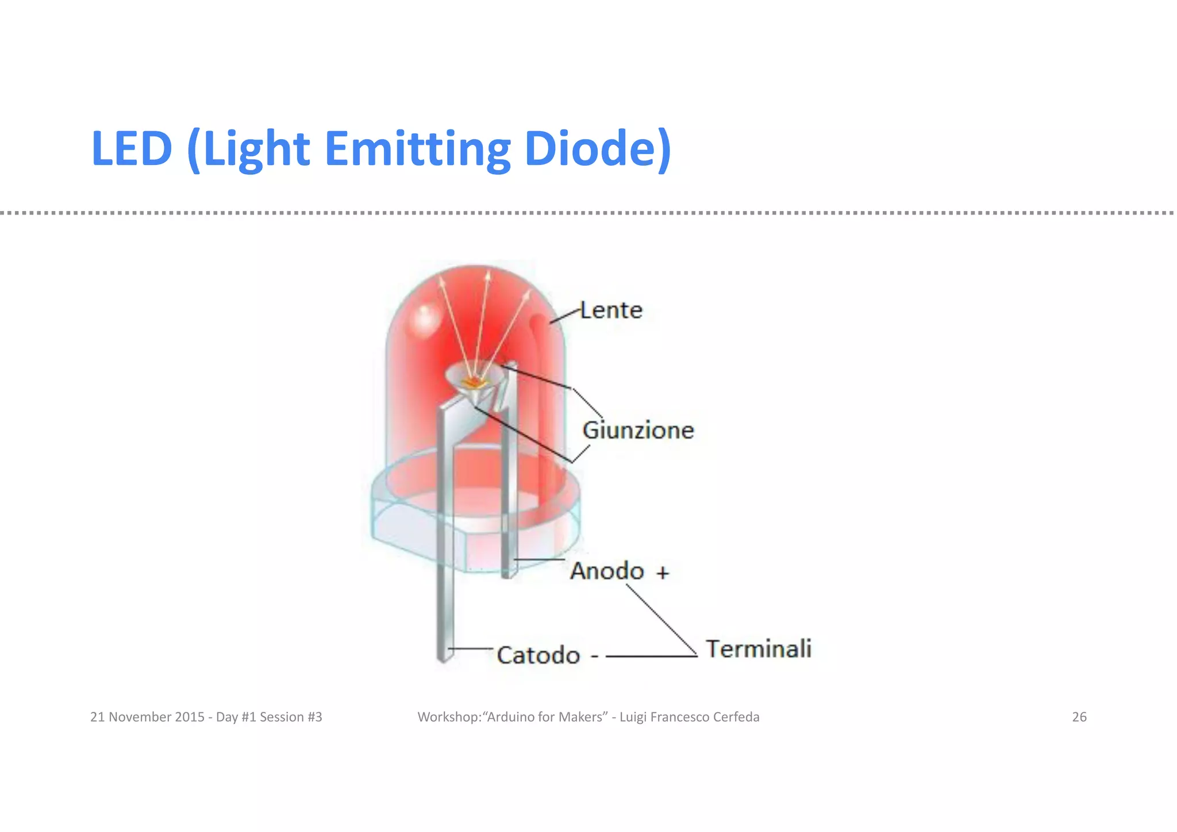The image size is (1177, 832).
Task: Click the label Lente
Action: [x=611, y=310]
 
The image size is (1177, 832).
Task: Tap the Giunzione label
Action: [x=638, y=430]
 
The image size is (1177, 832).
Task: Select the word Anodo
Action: [x=607, y=571]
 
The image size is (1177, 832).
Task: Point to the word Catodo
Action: [x=539, y=655]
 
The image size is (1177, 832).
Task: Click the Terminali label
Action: [x=759, y=649]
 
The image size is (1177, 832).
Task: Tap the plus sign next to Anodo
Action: [x=663, y=573]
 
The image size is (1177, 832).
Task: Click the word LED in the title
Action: [x=132, y=148]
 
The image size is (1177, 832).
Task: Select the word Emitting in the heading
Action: [x=417, y=148]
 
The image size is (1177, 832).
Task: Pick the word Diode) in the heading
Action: [x=598, y=148]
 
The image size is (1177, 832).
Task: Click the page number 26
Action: [x=1079, y=717]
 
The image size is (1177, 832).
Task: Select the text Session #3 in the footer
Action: [x=291, y=717]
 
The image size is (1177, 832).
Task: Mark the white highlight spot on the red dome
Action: [x=425, y=318]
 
